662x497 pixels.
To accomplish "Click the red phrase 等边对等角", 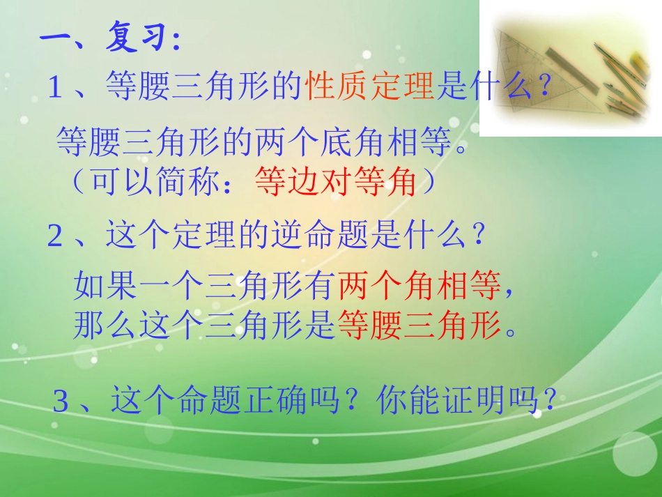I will [x=336, y=183].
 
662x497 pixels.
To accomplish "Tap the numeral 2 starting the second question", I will [x=56, y=238].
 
